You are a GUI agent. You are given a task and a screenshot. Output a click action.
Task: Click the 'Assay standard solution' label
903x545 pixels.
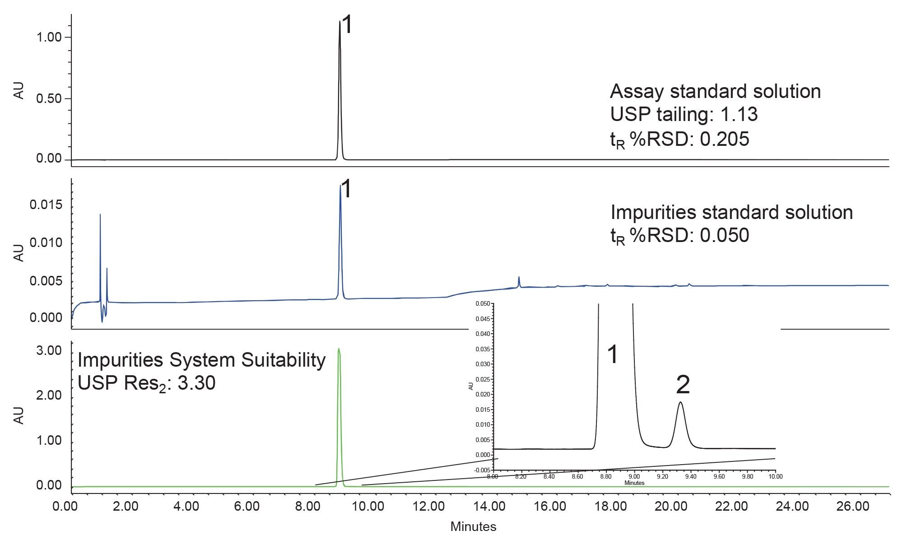click(x=715, y=92)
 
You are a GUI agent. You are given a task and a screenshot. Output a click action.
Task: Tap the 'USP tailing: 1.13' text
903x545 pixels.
click(x=684, y=115)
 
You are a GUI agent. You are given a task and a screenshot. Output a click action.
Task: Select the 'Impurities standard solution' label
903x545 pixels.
click(x=731, y=212)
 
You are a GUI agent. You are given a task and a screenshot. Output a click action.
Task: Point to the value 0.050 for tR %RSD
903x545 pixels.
click(x=724, y=235)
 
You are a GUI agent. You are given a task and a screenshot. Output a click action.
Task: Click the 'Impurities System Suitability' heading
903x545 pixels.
click(x=201, y=360)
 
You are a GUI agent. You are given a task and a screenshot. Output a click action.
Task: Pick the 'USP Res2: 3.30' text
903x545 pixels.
click(x=146, y=383)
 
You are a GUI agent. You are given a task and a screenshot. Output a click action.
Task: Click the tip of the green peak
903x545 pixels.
click(x=339, y=349)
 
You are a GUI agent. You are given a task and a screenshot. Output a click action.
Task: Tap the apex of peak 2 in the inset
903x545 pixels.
click(x=680, y=402)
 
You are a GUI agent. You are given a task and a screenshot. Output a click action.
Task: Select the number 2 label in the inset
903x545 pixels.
click(x=683, y=385)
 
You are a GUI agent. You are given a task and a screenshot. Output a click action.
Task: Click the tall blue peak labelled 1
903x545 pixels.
click(x=340, y=186)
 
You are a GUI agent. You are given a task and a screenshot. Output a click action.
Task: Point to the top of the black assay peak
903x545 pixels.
click(x=340, y=21)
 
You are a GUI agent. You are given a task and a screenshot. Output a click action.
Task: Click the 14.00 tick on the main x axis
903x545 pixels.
click(x=489, y=506)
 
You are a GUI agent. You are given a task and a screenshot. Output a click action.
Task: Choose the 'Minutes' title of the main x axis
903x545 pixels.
click(x=473, y=526)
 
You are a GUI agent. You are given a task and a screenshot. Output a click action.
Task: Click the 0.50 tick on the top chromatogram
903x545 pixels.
click(x=48, y=98)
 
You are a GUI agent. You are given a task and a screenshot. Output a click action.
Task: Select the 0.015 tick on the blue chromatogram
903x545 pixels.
click(x=46, y=205)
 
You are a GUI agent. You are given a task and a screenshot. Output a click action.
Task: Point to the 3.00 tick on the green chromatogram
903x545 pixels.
click(x=48, y=351)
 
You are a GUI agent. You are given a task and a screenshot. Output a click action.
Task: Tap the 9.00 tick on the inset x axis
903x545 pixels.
click(x=634, y=476)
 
